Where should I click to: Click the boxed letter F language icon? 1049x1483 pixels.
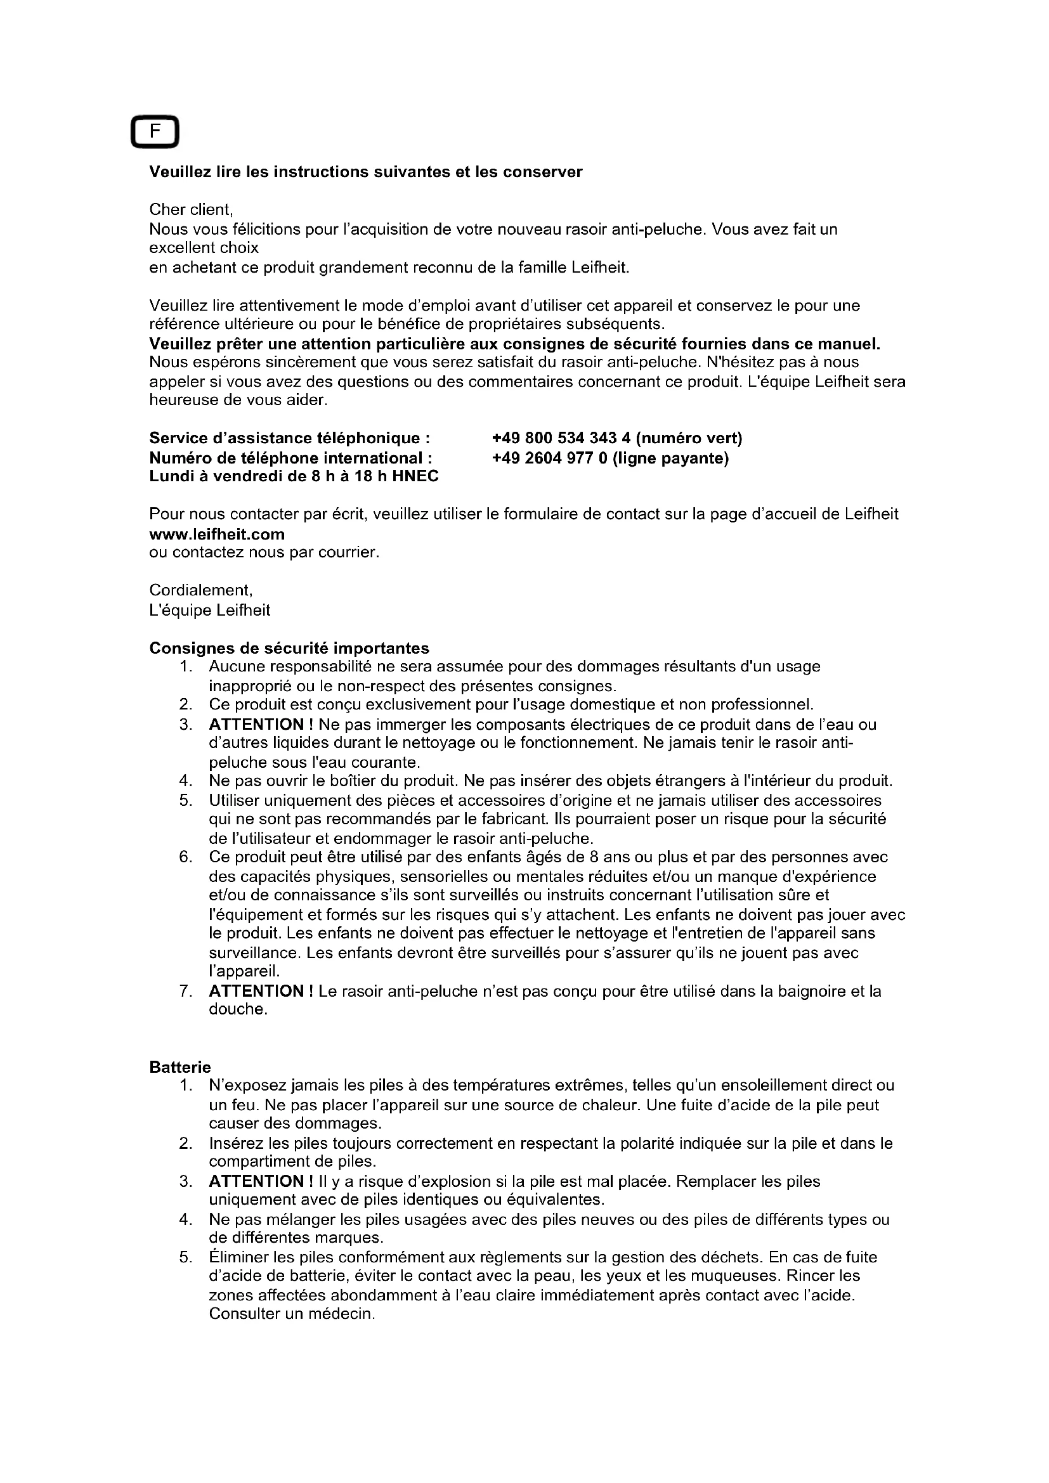(155, 133)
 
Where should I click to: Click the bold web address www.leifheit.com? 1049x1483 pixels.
(217, 534)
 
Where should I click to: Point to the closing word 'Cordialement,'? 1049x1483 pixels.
(201, 590)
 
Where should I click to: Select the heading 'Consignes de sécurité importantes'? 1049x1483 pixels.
(289, 648)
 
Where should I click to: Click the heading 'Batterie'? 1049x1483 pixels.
(180, 1068)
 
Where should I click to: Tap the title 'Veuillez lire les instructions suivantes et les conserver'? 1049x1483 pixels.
(365, 172)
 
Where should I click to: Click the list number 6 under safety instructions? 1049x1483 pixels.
(186, 858)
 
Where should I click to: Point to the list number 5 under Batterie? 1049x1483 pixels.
(186, 1257)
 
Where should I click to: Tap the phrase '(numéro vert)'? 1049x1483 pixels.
(689, 439)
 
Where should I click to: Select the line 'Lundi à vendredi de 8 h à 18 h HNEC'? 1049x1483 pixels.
(294, 477)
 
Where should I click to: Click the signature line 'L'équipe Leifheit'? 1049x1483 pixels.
(210, 611)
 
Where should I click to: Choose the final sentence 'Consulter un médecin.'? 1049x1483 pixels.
(292, 1314)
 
